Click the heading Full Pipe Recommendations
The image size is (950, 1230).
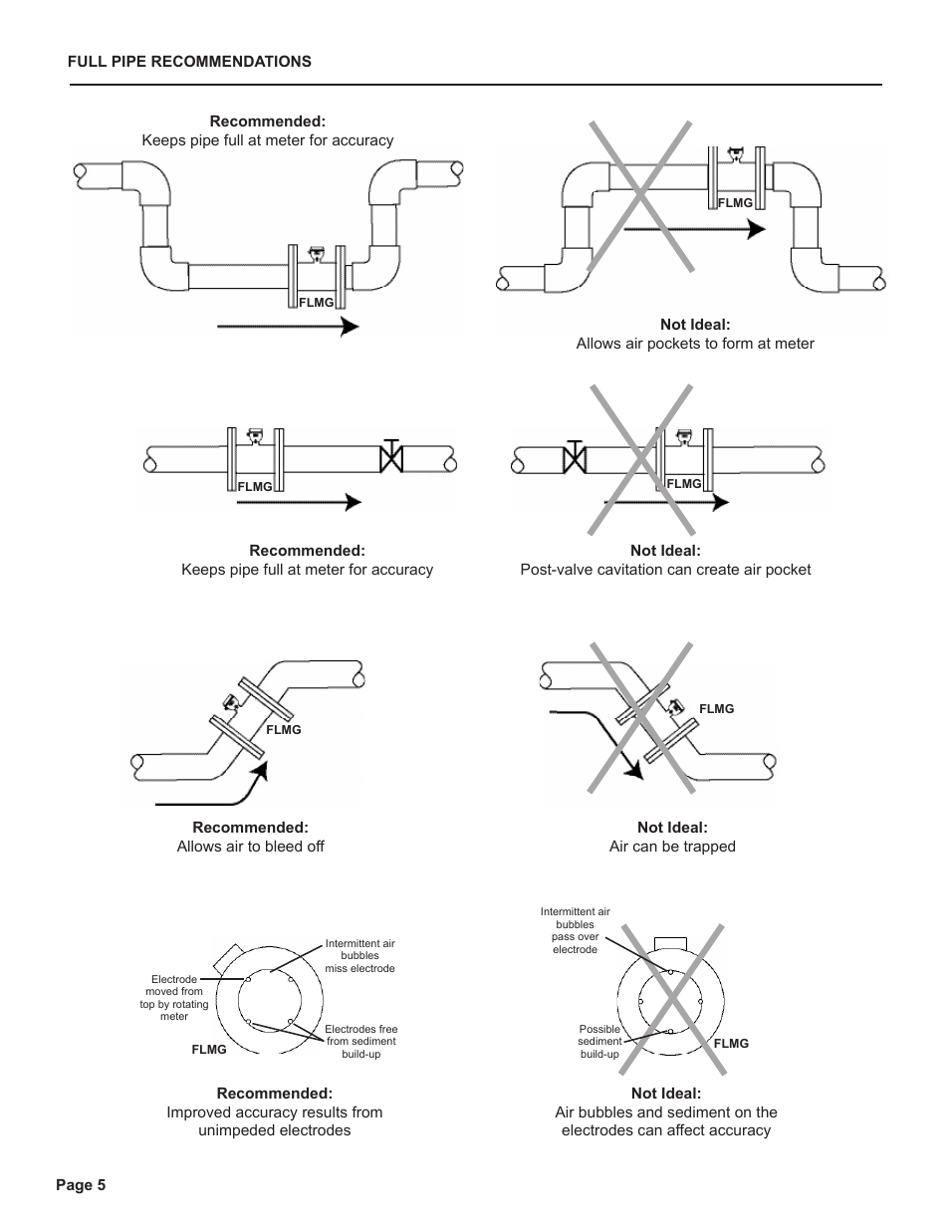pyautogui.click(x=189, y=62)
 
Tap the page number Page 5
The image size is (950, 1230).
pyautogui.click(x=81, y=1185)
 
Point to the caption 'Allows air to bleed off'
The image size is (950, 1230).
pyautogui.click(x=250, y=847)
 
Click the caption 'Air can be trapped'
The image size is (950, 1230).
pyautogui.click(x=672, y=847)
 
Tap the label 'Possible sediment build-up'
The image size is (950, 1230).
pyautogui.click(x=599, y=1042)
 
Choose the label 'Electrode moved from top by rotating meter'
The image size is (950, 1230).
pyautogui.click(x=174, y=998)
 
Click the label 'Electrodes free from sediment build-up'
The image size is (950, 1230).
pyautogui.click(x=360, y=1042)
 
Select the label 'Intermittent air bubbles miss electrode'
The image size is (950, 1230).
pyautogui.click(x=359, y=956)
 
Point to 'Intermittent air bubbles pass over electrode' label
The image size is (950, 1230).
pyautogui.click(x=576, y=930)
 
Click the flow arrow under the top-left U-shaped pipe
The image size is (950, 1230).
pyautogui.click(x=287, y=326)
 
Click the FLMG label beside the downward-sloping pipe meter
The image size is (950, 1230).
pyautogui.click(x=716, y=709)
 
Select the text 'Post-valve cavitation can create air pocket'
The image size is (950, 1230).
pyautogui.click(x=665, y=570)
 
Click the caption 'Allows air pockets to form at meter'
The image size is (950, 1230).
pyautogui.click(x=695, y=344)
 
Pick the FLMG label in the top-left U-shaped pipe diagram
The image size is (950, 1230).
pyautogui.click(x=316, y=303)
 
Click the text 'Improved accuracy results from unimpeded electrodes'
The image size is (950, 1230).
pyautogui.click(x=274, y=1121)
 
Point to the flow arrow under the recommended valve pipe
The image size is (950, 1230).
pyautogui.click(x=299, y=502)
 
